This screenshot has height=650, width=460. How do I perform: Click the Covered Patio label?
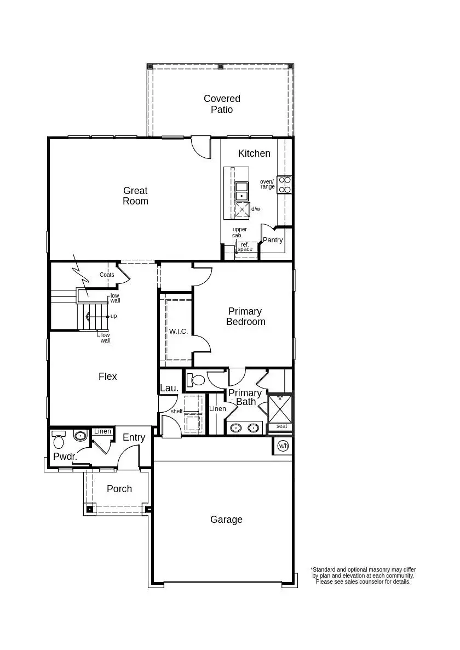coord(222,104)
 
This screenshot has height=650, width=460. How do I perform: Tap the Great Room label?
coord(135,196)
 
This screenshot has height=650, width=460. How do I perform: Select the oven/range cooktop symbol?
coord(284,185)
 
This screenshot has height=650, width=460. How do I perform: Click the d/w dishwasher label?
coord(256,209)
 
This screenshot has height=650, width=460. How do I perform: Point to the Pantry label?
coord(273,240)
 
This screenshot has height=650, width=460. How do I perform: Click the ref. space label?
coord(245,247)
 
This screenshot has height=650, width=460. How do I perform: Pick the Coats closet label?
coord(107,275)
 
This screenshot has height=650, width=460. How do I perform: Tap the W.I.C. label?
coord(179,332)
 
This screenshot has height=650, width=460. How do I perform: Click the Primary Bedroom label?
coord(245,316)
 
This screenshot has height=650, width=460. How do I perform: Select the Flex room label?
coord(108,377)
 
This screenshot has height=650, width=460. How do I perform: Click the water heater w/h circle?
coord(283,446)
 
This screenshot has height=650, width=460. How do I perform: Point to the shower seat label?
coord(281,426)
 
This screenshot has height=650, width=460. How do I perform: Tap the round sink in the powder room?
coord(81,436)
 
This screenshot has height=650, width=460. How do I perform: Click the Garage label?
coord(226,520)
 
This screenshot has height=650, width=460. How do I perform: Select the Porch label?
coord(119,489)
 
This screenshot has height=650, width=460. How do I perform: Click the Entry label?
coord(134,437)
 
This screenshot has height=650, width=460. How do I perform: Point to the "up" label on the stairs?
coord(114,316)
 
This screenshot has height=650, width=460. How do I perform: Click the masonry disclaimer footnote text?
coord(363,575)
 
